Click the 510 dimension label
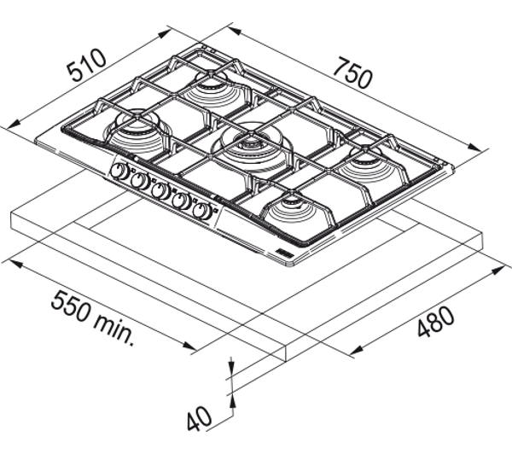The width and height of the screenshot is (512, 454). (86, 65)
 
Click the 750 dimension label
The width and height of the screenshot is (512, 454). (353, 73)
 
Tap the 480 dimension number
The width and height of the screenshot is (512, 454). (436, 322)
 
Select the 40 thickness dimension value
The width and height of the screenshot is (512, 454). (199, 419)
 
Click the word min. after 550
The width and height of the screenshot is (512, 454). (114, 330)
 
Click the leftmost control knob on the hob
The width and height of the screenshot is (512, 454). (119, 172)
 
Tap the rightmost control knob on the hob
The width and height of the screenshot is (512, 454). (201, 212)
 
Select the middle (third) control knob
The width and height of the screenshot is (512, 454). (160, 191)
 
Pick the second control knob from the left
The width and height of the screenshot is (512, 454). (140, 181)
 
